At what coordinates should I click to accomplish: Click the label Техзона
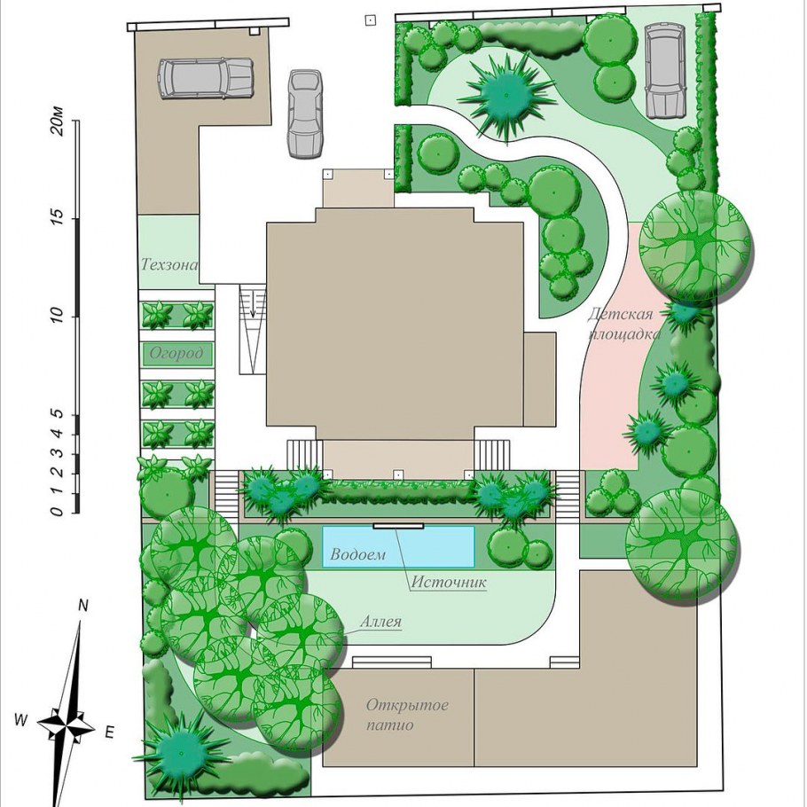[168, 264]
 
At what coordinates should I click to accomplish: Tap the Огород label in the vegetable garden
[176, 354]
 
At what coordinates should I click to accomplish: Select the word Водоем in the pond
[357, 554]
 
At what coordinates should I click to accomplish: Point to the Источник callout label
[449, 582]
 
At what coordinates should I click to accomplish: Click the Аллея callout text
[380, 621]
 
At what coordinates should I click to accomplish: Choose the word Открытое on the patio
[407, 706]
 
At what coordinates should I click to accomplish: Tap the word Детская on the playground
[620, 314]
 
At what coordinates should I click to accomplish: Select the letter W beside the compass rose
[20, 720]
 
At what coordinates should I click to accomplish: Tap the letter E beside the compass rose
[109, 733]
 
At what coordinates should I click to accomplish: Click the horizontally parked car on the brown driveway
[206, 79]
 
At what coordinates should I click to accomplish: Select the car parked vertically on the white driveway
[305, 114]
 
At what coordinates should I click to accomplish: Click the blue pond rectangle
[398, 546]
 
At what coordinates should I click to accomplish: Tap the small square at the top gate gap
[370, 20]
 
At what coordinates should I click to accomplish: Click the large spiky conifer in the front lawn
[505, 95]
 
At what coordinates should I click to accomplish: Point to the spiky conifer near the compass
[181, 753]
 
